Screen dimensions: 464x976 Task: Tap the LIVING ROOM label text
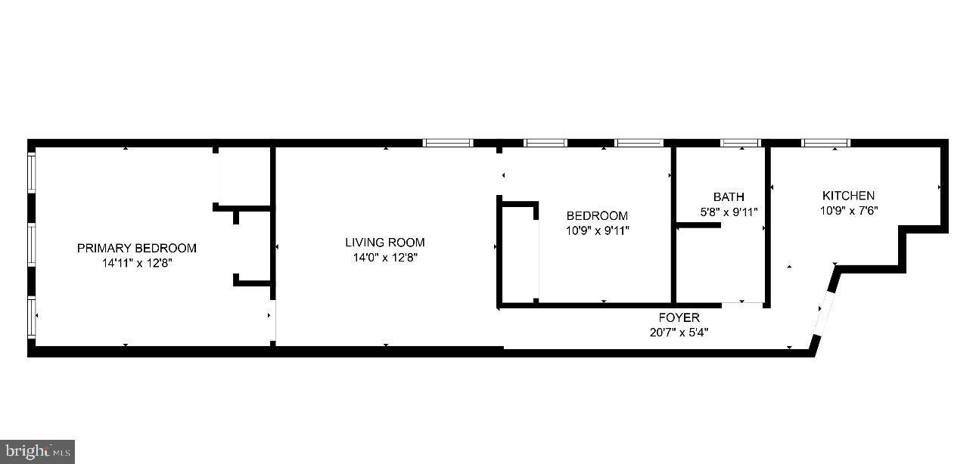[384, 243]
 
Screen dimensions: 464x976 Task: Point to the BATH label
[728, 197]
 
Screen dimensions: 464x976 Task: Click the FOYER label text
[679, 317]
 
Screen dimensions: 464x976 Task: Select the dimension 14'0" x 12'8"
[384, 258]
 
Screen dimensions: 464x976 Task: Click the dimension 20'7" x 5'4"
[679, 332]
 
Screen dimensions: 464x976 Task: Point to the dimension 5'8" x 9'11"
[728, 212]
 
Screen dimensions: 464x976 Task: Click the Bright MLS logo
[37, 452]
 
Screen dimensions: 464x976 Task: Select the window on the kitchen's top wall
[825, 143]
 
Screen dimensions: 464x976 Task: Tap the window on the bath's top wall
[739, 143]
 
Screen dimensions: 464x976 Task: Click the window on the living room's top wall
[447, 143]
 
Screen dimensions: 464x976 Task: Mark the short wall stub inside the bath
[698, 225]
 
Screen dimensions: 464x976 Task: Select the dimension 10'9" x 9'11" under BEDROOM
[597, 230]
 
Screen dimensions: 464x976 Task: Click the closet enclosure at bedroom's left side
[518, 253]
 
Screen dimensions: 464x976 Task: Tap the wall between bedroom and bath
[673, 227]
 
